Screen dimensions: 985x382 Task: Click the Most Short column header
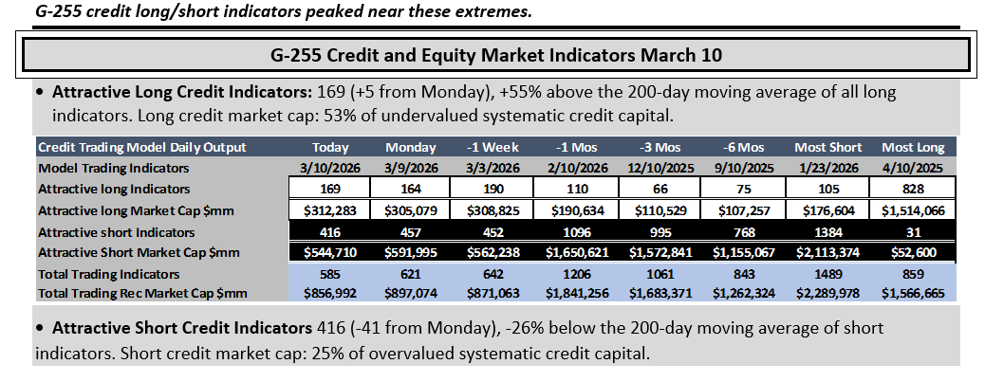point(828,148)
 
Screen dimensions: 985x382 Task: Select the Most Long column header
point(913,148)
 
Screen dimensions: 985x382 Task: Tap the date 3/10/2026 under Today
point(330,168)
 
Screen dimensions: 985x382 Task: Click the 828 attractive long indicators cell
point(913,189)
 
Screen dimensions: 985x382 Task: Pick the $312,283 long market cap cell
point(330,210)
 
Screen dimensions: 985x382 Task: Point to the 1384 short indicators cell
point(828,232)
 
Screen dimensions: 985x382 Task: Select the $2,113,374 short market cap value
point(828,253)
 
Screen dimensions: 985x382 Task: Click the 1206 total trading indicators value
point(577,274)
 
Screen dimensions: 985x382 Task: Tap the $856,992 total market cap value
point(330,293)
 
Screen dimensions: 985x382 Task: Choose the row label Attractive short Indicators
point(116,232)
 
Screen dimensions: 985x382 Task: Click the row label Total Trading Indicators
point(109,274)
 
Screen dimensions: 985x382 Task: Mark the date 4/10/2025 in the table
point(913,168)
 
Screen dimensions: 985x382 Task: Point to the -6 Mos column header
point(744,148)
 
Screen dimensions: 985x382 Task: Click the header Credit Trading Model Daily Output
point(142,148)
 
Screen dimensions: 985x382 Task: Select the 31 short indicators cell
point(913,232)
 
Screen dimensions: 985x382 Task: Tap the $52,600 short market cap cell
point(913,253)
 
